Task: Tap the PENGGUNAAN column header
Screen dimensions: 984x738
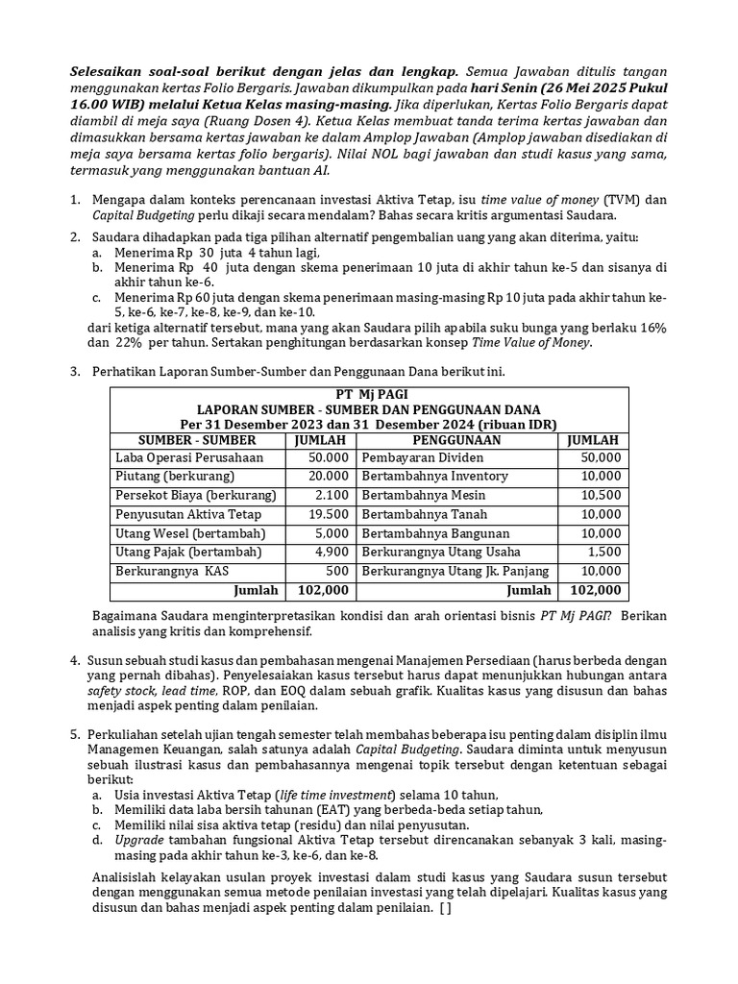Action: point(458,439)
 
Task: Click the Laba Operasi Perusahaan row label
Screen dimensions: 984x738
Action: point(189,457)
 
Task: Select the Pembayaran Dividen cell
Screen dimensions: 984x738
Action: point(423,457)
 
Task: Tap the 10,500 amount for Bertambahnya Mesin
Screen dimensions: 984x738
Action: point(602,496)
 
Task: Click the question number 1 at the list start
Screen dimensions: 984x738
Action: point(74,200)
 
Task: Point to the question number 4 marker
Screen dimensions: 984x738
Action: point(74,661)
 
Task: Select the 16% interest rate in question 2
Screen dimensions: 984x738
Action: point(652,328)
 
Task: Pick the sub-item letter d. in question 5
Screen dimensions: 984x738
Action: point(97,840)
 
